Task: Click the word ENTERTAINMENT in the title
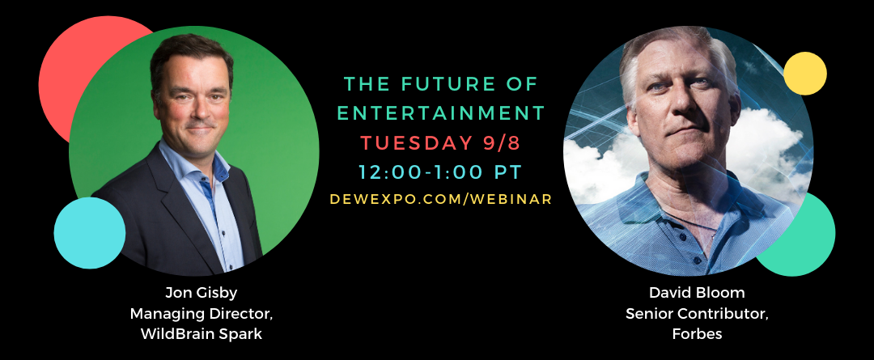pos(441,113)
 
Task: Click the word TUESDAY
pos(416,142)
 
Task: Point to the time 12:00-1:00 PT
pos(440,172)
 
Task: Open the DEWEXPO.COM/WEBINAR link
pos(441,199)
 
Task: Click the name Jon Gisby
pos(202,293)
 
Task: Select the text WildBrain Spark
pos(202,334)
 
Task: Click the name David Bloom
pos(697,293)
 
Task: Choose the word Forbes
pos(697,334)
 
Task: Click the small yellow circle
pos(805,74)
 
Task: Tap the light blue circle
pos(90,233)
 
